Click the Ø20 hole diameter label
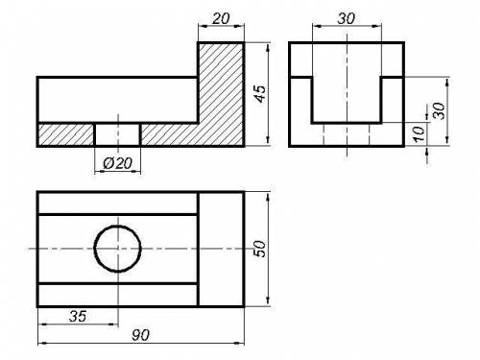(x=117, y=163)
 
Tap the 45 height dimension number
(x=261, y=94)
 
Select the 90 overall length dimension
(x=140, y=335)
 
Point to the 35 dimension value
(x=78, y=316)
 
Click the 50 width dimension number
(x=259, y=249)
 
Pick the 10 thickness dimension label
(x=419, y=133)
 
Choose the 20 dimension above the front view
(x=221, y=18)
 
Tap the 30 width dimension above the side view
(x=347, y=18)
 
